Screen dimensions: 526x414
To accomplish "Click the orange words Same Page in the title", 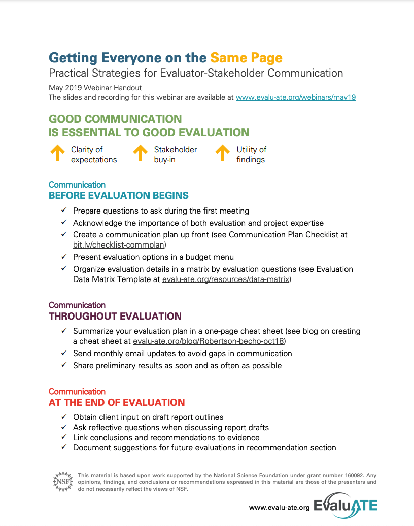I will (x=246, y=57).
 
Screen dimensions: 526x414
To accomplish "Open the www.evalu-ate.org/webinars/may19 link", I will (x=296, y=97).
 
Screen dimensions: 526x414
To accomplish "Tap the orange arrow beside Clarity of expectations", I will (x=58, y=153).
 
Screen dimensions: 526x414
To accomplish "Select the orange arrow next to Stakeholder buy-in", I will (x=141, y=153).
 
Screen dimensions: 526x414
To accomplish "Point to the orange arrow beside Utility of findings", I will (x=222, y=153).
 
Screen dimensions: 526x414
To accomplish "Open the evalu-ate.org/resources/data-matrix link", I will (x=226, y=279).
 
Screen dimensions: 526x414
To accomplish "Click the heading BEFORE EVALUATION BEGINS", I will (x=119, y=195).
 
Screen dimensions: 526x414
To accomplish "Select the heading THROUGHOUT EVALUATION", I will (x=115, y=316).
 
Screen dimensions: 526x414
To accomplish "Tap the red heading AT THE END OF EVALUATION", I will (x=117, y=402).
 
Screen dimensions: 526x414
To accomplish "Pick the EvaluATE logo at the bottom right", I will (x=346, y=506).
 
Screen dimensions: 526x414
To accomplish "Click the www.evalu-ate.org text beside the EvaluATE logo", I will (x=279, y=507).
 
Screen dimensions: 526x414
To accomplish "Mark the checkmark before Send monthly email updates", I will (x=64, y=353).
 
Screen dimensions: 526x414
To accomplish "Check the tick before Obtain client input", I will (x=64, y=417).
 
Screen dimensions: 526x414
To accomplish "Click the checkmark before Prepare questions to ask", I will (x=64, y=210).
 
